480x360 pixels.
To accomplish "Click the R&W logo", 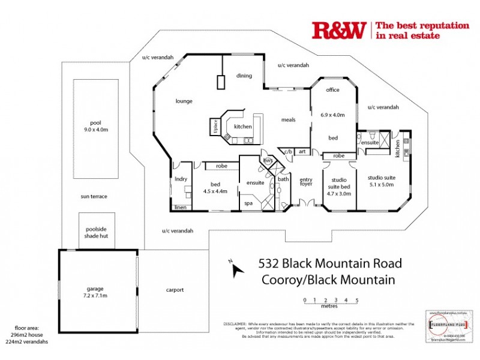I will (x=338, y=30).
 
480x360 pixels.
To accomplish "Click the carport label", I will (x=175, y=290).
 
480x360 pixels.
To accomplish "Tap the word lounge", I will (x=184, y=101).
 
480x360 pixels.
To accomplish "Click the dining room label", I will (x=244, y=76).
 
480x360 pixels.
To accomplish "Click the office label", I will (x=332, y=90).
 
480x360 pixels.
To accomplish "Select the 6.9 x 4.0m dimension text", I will (x=332, y=114).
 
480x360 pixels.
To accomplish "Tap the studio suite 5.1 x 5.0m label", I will (x=381, y=181).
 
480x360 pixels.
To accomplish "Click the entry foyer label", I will (x=306, y=182).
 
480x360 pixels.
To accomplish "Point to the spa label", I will (x=248, y=203).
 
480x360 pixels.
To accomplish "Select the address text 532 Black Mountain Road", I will (x=329, y=263).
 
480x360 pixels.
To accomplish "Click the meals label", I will (x=289, y=119).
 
